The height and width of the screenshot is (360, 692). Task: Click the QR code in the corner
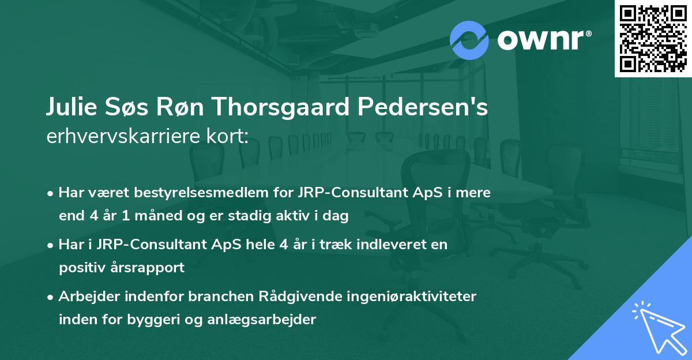click(652, 39)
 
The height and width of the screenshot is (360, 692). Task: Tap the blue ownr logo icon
click(469, 40)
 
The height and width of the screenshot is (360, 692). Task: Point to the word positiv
click(80, 268)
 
